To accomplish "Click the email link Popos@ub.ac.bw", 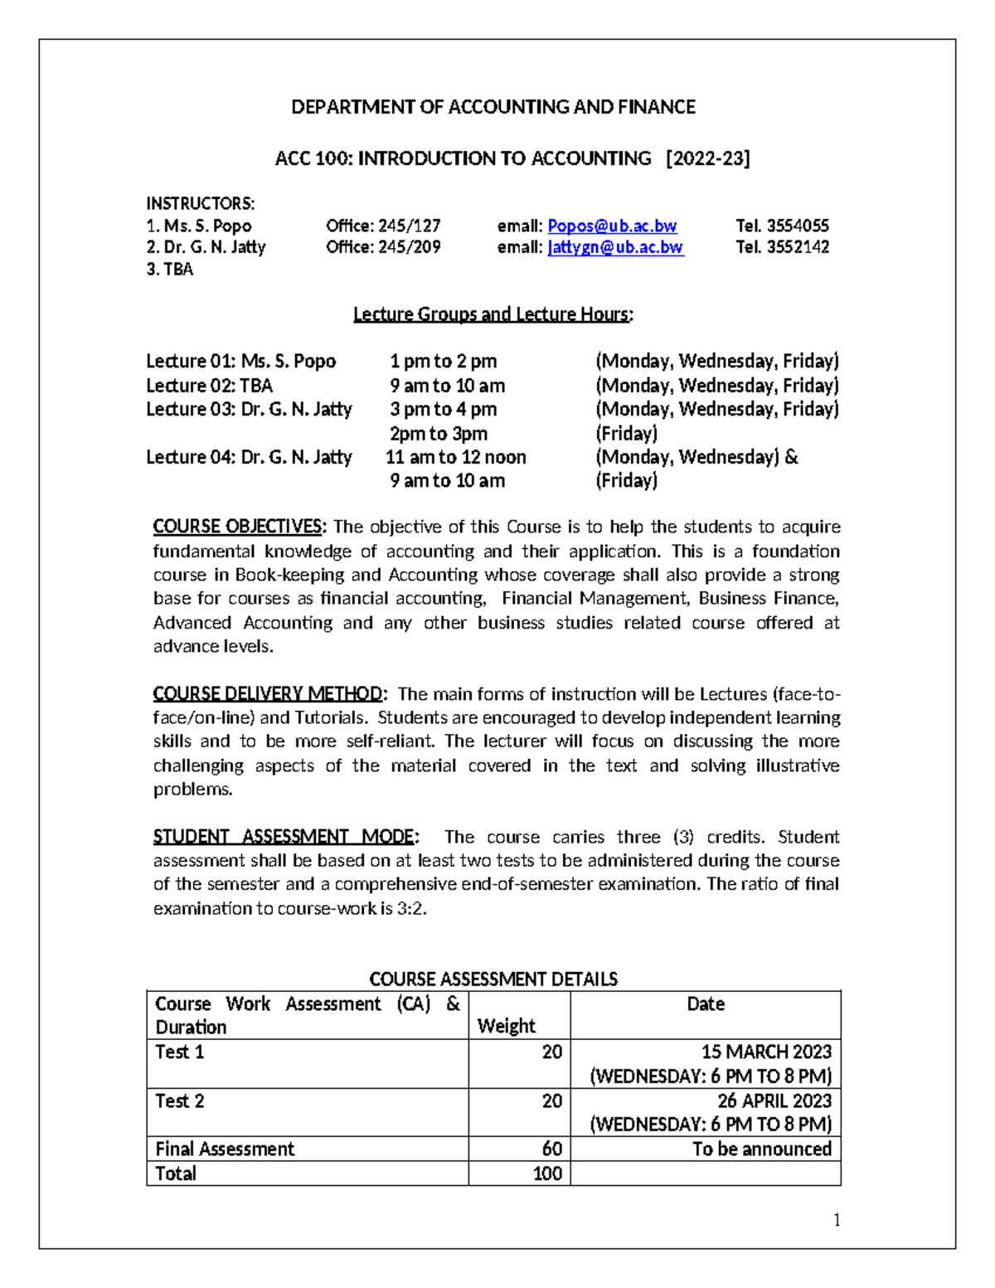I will tap(612, 226).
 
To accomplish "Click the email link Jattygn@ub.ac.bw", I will tap(615, 247).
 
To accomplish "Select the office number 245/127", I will tap(410, 226).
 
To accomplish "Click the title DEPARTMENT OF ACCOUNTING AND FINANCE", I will tap(493, 107).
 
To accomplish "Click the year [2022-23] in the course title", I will tap(708, 158).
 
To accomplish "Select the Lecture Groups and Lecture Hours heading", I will tap(493, 314).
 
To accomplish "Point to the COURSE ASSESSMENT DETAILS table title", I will tap(493, 979).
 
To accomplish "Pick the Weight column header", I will tap(506, 1026).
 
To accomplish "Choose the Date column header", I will tap(706, 1004).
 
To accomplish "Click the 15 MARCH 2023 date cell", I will tap(765, 1052).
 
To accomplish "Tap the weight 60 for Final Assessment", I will tap(551, 1149).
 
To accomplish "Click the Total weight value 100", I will tap(547, 1174).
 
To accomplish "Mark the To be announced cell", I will tap(761, 1149).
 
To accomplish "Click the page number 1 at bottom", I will tap(837, 1219).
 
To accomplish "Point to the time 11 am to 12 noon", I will tap(456, 457).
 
